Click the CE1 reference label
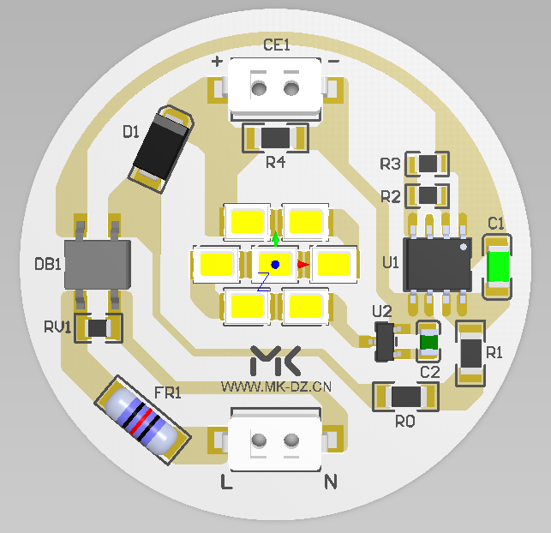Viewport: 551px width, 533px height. click(x=277, y=45)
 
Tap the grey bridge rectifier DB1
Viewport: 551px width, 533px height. click(x=98, y=265)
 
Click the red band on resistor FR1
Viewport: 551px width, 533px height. click(x=141, y=420)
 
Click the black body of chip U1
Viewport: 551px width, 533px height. click(x=438, y=265)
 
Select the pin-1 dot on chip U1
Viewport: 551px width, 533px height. click(x=464, y=247)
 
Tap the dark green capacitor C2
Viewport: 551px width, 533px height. click(x=428, y=342)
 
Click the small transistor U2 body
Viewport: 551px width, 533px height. click(x=385, y=342)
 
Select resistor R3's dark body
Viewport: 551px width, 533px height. click(x=428, y=164)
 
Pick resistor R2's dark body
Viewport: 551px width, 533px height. click(x=428, y=195)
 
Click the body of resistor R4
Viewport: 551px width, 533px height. click(x=276, y=138)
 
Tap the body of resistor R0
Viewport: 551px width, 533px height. click(x=406, y=397)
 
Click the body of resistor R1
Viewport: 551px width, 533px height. click(x=471, y=353)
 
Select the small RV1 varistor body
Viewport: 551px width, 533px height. click(x=98, y=328)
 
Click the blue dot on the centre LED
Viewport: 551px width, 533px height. click(x=275, y=265)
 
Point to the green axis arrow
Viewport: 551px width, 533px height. click(x=276, y=238)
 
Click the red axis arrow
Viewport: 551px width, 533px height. click(x=303, y=265)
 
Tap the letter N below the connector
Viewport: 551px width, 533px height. click(x=330, y=482)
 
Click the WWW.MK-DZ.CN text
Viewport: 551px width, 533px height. click(x=276, y=386)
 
